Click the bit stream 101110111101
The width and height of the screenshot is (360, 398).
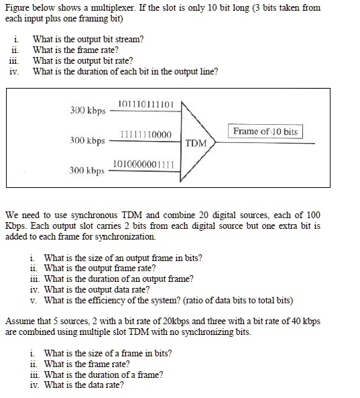coord(145,104)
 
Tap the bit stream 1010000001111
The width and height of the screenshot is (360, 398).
coord(143,164)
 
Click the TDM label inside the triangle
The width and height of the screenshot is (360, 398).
coord(196,143)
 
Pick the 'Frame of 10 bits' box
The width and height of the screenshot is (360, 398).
coord(266,132)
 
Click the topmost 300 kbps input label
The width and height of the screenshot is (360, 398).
coord(88,109)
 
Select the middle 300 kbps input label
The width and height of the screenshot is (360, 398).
coord(88,141)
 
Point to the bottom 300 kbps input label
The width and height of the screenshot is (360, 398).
coord(88,170)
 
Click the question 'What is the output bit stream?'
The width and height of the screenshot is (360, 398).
coord(88,40)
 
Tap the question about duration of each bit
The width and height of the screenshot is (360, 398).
coord(125,72)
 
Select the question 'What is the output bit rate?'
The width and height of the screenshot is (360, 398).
coord(82,61)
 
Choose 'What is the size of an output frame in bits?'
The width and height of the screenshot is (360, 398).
coord(123,258)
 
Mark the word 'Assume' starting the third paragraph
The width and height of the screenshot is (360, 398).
coord(19,321)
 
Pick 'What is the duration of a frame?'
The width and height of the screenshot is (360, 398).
coord(103,375)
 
